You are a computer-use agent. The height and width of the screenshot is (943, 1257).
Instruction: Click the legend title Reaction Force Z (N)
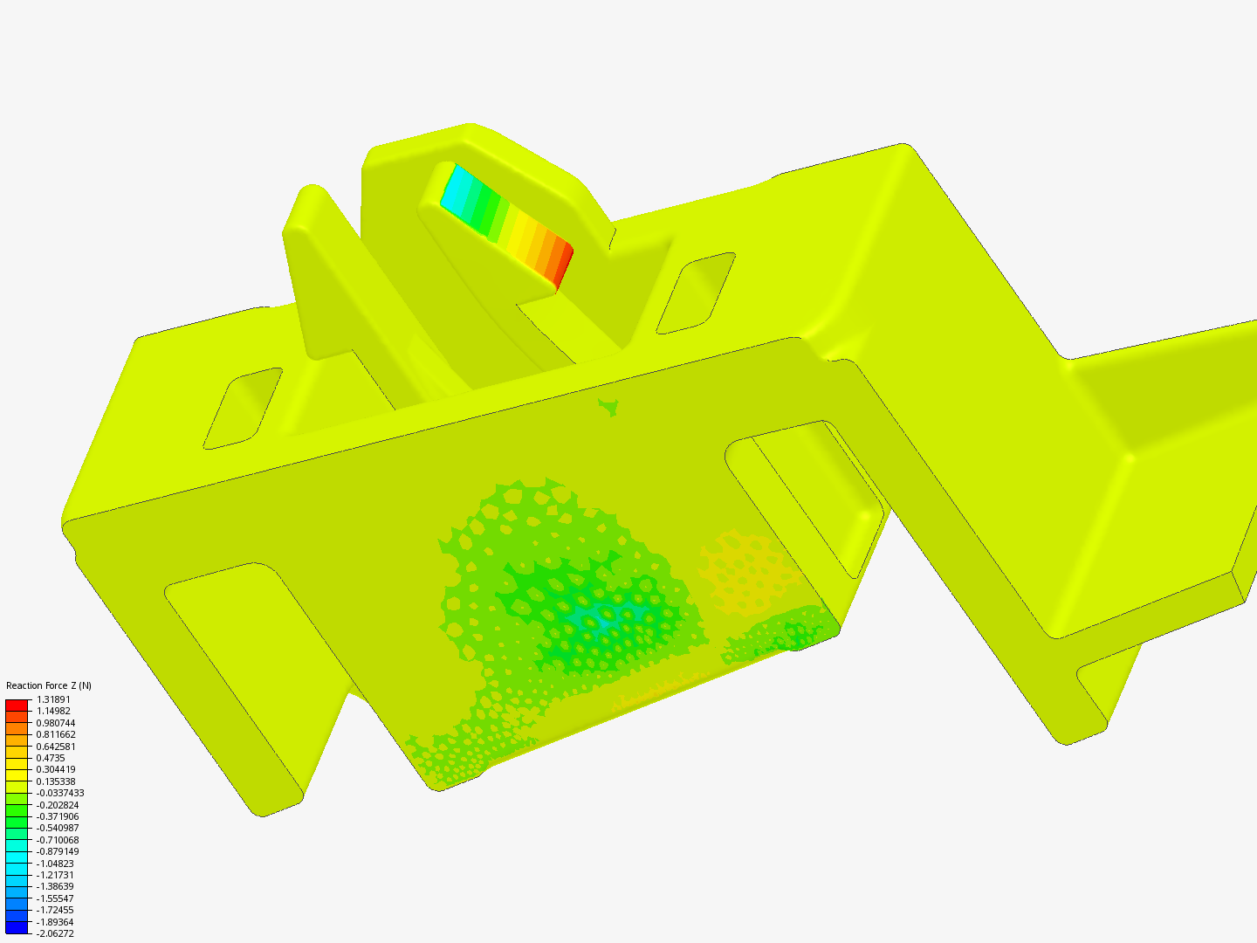(x=48, y=685)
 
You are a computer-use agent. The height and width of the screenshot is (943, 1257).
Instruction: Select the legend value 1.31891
(x=53, y=699)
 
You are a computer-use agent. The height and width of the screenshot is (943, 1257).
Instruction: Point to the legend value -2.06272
(x=55, y=933)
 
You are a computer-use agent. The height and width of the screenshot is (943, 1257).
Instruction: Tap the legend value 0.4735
(x=51, y=758)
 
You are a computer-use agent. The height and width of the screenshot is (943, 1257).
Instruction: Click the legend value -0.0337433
(x=60, y=793)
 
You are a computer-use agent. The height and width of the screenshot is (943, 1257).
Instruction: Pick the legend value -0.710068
(x=57, y=840)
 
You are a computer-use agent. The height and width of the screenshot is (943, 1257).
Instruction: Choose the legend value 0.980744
(x=55, y=723)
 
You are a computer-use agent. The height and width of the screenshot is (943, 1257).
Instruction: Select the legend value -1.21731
(x=55, y=875)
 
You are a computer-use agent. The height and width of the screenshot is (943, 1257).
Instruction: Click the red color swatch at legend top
(x=17, y=705)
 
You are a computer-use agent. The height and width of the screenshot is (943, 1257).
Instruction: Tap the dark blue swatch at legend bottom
(x=17, y=928)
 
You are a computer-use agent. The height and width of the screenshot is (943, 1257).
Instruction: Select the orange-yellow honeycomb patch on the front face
(x=746, y=568)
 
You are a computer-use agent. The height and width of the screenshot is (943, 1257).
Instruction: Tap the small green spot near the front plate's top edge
(x=609, y=406)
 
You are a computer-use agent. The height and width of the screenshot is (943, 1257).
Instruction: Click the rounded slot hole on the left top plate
(x=244, y=408)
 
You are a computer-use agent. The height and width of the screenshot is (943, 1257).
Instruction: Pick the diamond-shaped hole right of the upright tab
(x=696, y=293)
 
